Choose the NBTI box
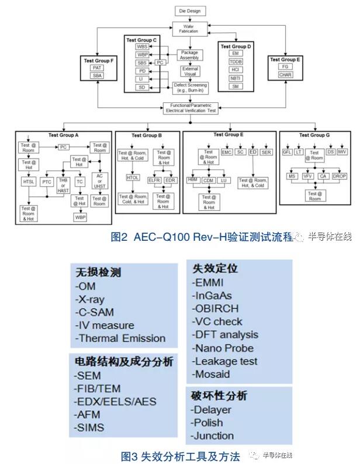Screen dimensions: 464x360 (x=235, y=77)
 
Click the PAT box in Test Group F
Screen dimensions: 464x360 (x=96, y=68)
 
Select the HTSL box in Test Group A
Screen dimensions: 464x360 (x=29, y=182)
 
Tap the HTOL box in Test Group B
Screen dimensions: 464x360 (x=133, y=177)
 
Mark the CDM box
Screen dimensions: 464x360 (x=208, y=181)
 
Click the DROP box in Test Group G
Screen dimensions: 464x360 (x=340, y=176)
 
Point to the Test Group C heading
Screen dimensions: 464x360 (x=141, y=40)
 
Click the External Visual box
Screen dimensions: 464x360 (x=189, y=71)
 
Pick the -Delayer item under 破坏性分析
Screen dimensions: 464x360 (x=212, y=409)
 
